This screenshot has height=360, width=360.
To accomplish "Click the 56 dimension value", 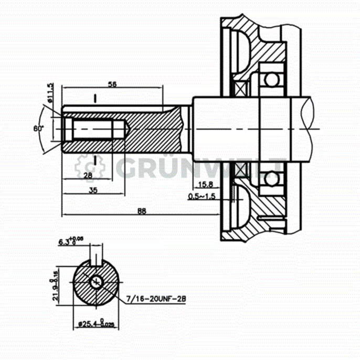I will pos(112,84).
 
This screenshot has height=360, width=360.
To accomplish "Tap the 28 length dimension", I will pos(87,175).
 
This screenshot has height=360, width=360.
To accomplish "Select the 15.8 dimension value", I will pos(206,184).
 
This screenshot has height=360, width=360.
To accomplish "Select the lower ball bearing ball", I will pos(271,178).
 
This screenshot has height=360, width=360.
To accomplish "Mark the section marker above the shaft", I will pos(95,98).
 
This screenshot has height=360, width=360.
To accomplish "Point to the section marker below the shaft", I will pos(95,158).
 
